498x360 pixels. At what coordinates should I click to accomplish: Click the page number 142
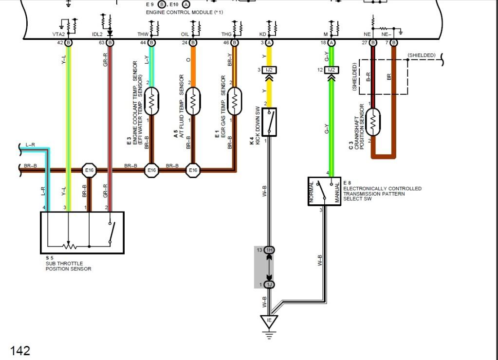(20, 350)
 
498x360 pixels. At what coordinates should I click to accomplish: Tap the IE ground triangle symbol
(268, 321)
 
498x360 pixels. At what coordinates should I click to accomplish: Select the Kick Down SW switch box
(269, 122)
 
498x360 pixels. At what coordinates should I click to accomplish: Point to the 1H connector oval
(269, 250)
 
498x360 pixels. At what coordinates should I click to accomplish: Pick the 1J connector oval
(269, 285)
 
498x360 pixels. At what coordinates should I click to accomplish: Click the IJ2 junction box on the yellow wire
(269, 71)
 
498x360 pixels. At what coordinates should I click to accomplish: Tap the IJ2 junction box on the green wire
(332, 71)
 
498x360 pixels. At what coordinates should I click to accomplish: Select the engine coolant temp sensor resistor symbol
(151, 101)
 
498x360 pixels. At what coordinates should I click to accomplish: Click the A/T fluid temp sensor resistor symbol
(193, 101)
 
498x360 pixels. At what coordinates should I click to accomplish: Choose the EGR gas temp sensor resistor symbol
(235, 101)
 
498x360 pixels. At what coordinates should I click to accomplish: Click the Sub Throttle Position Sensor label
(66, 266)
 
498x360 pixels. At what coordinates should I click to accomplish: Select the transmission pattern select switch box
(324, 191)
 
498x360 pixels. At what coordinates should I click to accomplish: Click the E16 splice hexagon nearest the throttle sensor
(89, 170)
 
